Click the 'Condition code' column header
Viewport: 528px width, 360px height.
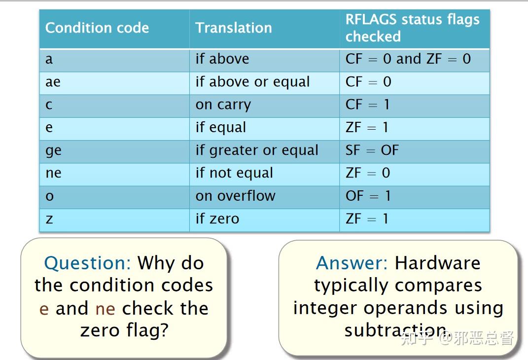point(97,28)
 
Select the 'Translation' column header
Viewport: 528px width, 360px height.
point(234,28)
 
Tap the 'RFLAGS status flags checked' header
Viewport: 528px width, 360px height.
point(413,28)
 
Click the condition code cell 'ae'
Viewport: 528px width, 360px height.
point(53,82)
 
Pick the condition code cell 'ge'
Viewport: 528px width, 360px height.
point(54,151)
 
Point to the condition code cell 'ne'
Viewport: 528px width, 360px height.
point(54,173)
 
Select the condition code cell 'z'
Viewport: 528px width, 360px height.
point(49,219)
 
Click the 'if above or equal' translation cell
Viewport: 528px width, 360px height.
point(252,82)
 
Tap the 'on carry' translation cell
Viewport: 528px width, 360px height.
point(223,105)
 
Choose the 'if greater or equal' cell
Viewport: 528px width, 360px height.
point(257,150)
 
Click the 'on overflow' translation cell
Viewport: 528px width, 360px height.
point(235,196)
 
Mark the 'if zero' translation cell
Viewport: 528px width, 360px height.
point(217,219)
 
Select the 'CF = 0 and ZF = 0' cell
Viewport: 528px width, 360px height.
point(408,59)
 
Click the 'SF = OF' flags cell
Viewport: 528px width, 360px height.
point(372,150)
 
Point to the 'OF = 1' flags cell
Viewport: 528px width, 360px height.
point(368,196)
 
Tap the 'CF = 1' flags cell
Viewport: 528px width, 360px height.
point(367,105)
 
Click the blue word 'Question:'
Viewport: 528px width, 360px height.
point(88,263)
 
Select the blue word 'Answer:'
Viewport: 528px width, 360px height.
point(352,263)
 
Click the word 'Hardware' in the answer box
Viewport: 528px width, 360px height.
point(438,263)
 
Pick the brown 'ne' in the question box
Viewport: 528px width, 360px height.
point(106,309)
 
